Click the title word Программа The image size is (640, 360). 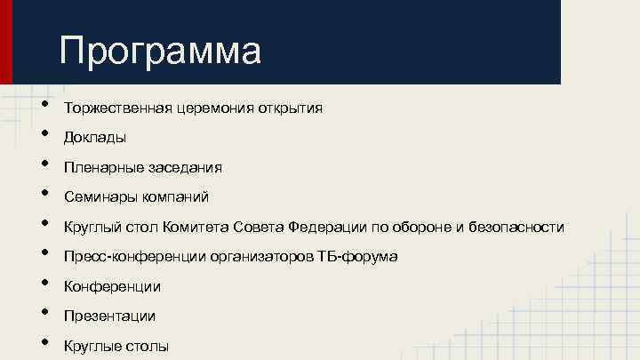[x=161, y=51]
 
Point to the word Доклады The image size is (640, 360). [x=94, y=138]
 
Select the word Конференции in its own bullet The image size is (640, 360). [x=112, y=286]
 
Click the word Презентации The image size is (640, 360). [x=109, y=316]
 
